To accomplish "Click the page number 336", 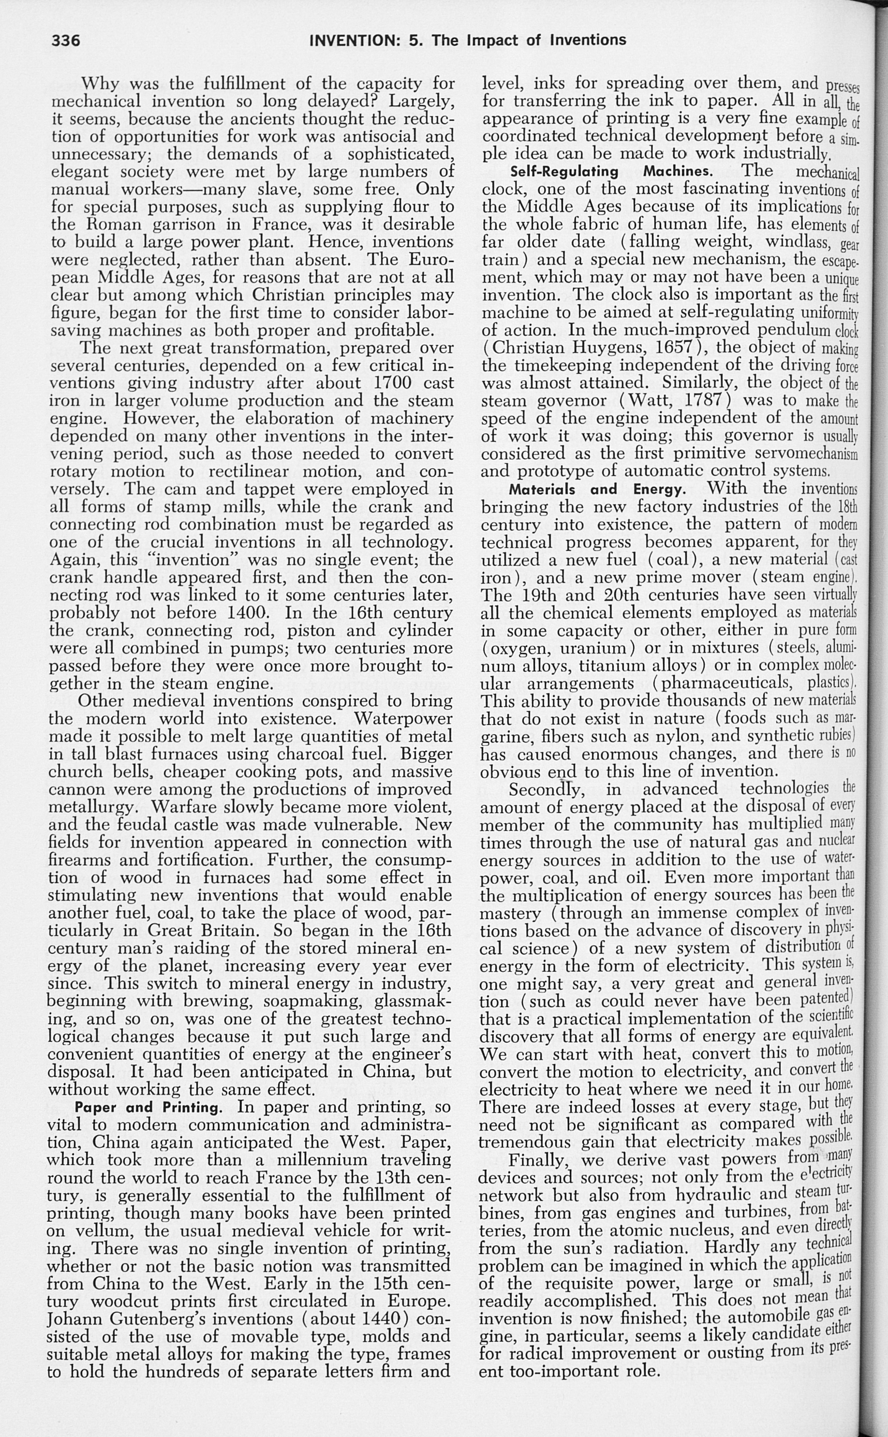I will [x=66, y=41].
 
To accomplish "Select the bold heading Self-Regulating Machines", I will [x=611, y=172].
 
